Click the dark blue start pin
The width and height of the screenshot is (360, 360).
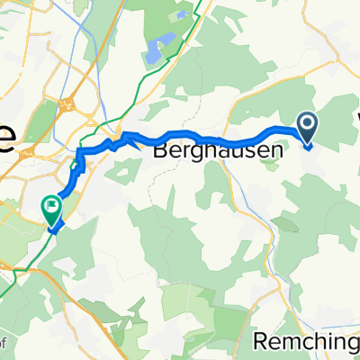coord(307,130)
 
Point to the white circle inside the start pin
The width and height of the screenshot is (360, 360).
coord(307,125)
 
